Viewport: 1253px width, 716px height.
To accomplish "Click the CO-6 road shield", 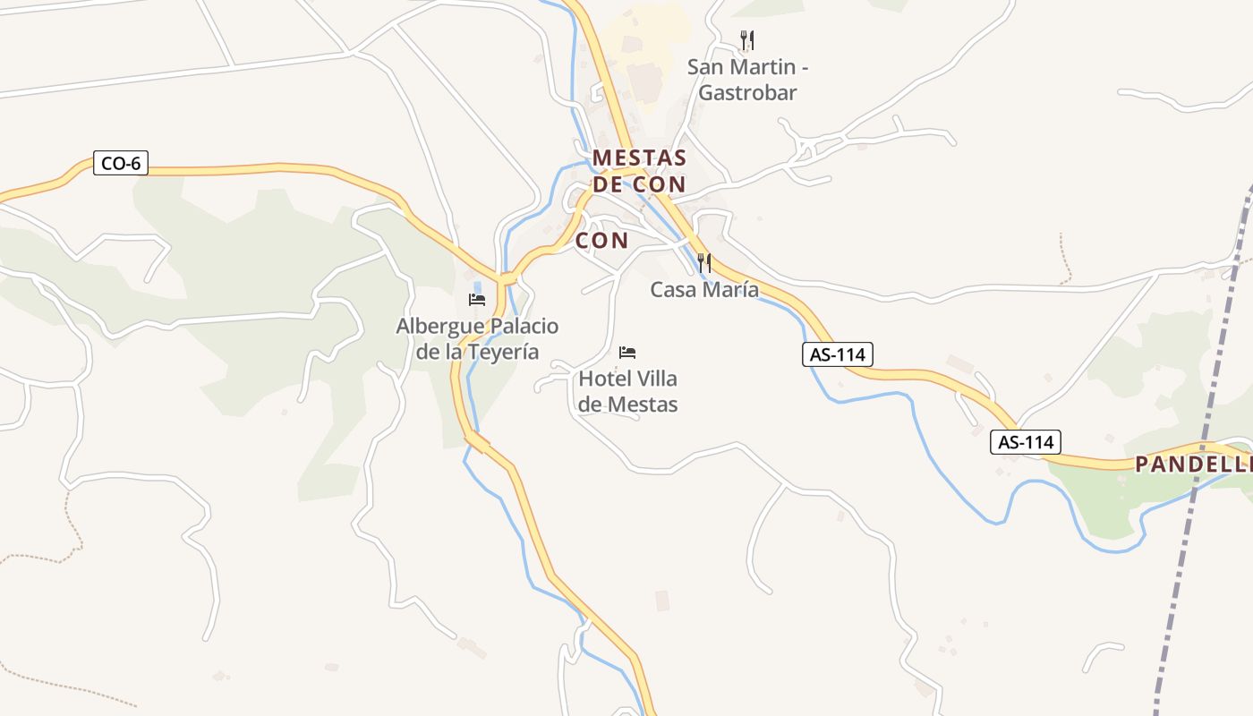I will (120, 164).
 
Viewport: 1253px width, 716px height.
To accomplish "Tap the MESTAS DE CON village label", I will (639, 171).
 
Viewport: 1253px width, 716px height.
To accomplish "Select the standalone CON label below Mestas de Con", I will (601, 240).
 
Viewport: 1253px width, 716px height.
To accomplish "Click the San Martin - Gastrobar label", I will (747, 80).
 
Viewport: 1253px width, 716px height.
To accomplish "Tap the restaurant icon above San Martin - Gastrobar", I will (747, 40).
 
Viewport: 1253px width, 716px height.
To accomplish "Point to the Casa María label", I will (704, 290).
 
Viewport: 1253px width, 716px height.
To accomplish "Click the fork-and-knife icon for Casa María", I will (704, 262).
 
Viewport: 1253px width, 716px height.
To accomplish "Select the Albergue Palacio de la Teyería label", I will (477, 338).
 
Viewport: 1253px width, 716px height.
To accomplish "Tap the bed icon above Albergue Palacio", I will (477, 300).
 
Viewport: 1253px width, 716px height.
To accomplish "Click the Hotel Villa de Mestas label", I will (627, 391).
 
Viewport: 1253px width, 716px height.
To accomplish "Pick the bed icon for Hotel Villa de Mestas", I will (627, 353).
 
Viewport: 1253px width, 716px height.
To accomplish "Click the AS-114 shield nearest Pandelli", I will (1026, 442).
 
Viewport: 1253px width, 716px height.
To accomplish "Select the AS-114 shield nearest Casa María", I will (837, 354).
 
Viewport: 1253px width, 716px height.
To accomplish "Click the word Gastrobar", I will (747, 92).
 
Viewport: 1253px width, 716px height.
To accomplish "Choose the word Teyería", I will (505, 352).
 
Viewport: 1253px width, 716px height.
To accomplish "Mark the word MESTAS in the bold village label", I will (639, 158).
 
